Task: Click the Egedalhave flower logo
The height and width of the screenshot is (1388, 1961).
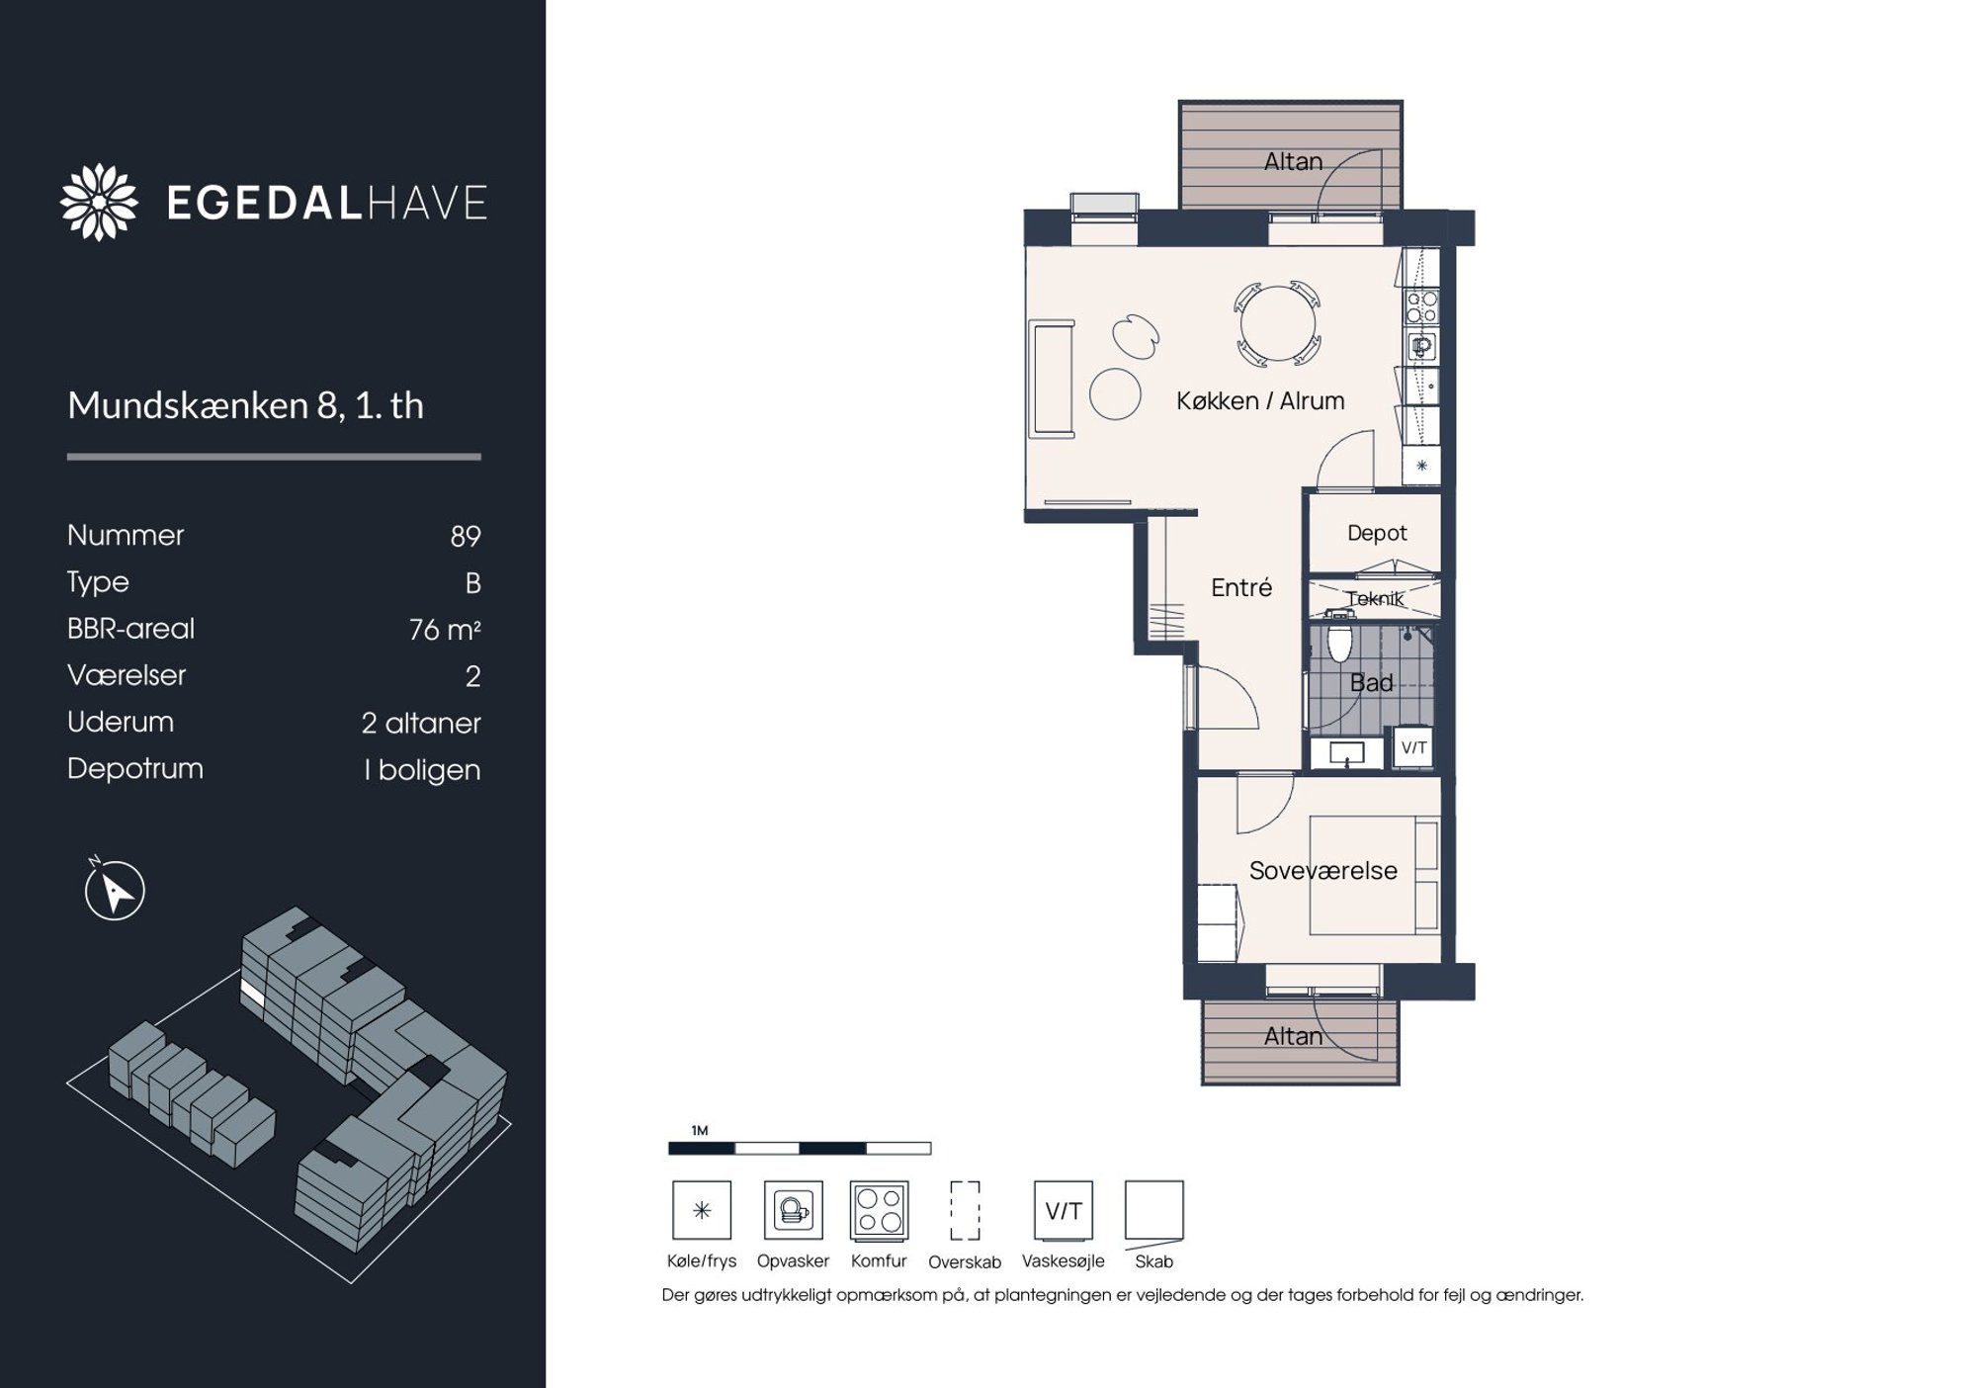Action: point(99,202)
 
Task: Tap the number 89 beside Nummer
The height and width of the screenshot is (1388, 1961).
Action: point(466,536)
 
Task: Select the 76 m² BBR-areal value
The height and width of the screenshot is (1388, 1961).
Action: point(445,630)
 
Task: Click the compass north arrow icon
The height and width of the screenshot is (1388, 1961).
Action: point(115,890)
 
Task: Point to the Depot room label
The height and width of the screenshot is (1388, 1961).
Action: point(1377,533)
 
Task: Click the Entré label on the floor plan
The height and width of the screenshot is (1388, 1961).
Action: point(1241,587)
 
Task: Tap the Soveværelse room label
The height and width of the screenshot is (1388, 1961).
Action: point(1322,871)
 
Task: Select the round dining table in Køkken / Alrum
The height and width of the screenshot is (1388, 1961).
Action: point(1278,323)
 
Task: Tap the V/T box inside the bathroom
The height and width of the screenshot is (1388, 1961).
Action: point(1413,747)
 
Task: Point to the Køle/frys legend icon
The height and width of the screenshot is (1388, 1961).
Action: point(702,1210)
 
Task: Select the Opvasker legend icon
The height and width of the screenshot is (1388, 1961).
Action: point(794,1210)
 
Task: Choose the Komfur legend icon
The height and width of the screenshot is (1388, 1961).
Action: point(880,1210)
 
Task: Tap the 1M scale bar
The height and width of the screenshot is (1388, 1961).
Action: point(800,1148)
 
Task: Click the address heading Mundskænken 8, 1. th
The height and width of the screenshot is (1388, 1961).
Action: point(245,406)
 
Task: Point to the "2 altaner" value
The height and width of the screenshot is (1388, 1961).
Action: point(421,723)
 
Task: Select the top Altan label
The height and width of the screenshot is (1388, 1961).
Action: point(1293,161)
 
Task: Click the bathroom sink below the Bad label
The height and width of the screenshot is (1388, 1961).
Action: point(1347,753)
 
